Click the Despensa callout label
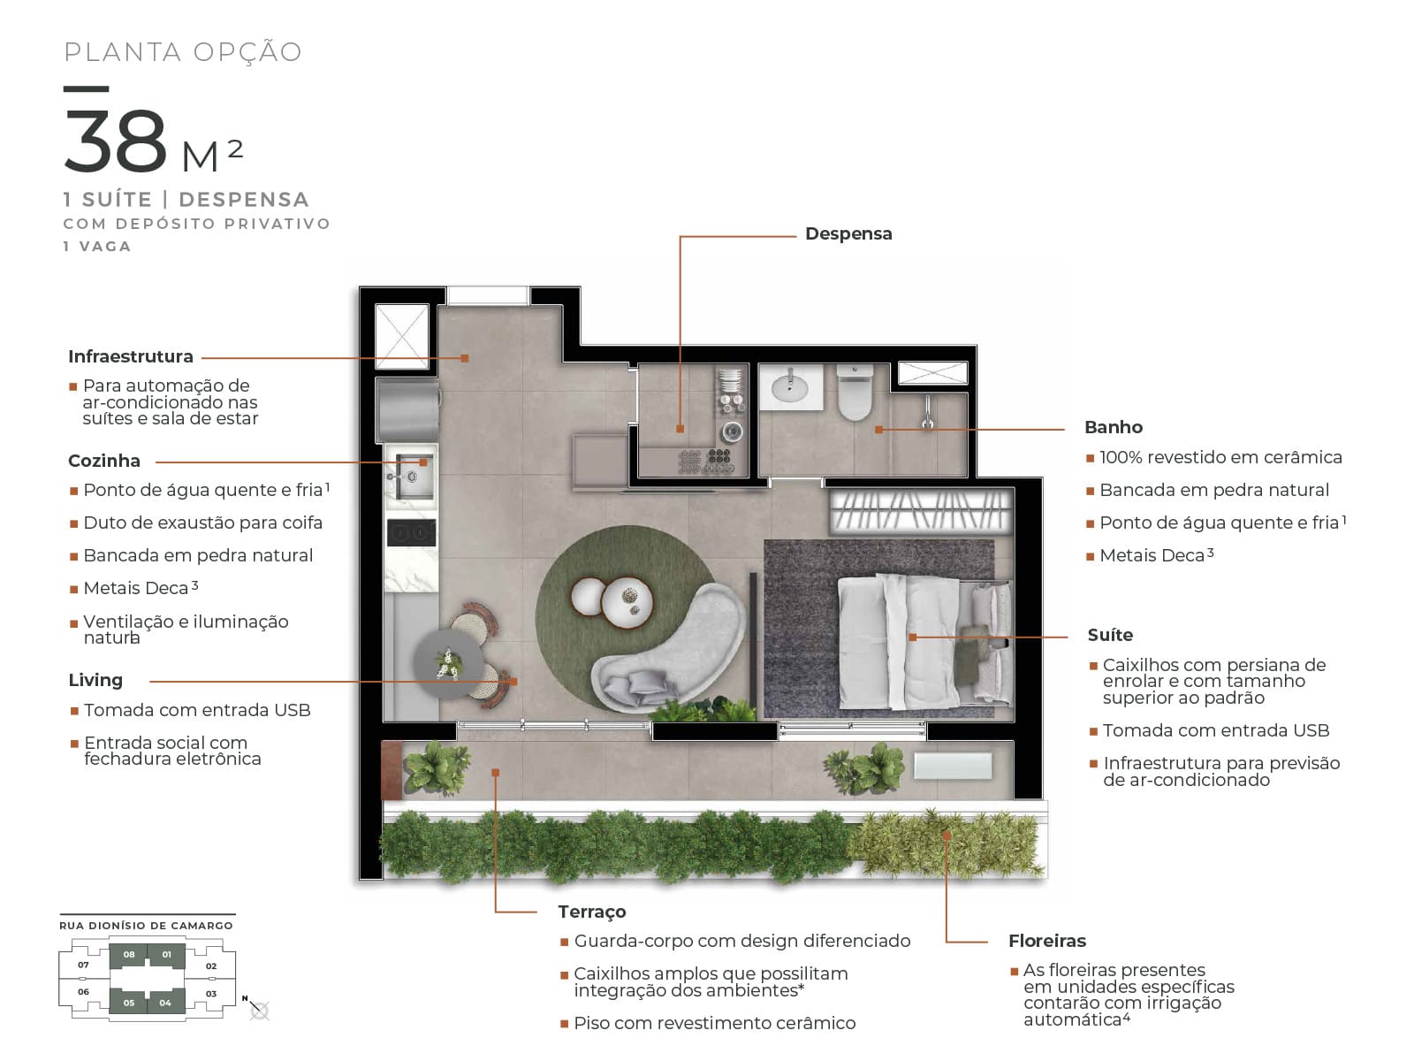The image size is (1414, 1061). tap(848, 233)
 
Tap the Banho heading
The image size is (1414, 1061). tap(1114, 427)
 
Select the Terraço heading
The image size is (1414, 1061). tap(591, 912)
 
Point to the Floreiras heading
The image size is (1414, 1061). tap(1047, 941)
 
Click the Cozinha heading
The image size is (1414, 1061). tap(104, 461)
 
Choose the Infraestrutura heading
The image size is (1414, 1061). tap(131, 356)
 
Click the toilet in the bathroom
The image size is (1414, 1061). tap(855, 393)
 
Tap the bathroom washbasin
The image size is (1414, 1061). tap(790, 386)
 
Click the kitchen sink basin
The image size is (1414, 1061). tap(413, 477)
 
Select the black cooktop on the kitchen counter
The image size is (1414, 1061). tap(411, 533)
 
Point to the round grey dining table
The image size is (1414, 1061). tap(448, 663)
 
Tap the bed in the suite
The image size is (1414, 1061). tap(925, 642)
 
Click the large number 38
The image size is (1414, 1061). tap(116, 141)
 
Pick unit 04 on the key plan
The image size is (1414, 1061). tap(165, 1002)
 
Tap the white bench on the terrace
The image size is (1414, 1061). tap(953, 767)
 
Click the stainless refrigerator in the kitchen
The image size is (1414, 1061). tap(408, 409)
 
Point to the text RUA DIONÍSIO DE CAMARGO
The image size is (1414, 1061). tap(146, 926)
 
